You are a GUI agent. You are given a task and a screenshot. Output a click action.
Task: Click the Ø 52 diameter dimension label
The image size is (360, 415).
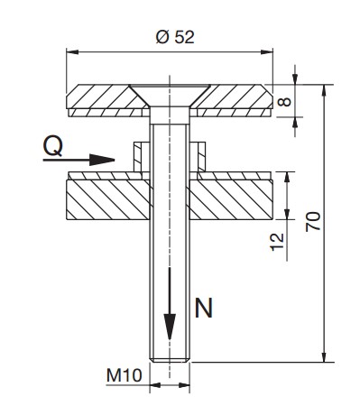(175, 37)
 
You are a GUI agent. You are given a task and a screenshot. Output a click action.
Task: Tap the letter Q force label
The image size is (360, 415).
(53, 146)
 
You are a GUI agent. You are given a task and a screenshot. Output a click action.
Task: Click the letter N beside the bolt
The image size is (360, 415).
(204, 308)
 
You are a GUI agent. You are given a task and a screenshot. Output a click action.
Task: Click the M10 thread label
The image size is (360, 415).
(125, 375)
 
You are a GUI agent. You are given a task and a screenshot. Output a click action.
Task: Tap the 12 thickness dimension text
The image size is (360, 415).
(277, 242)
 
